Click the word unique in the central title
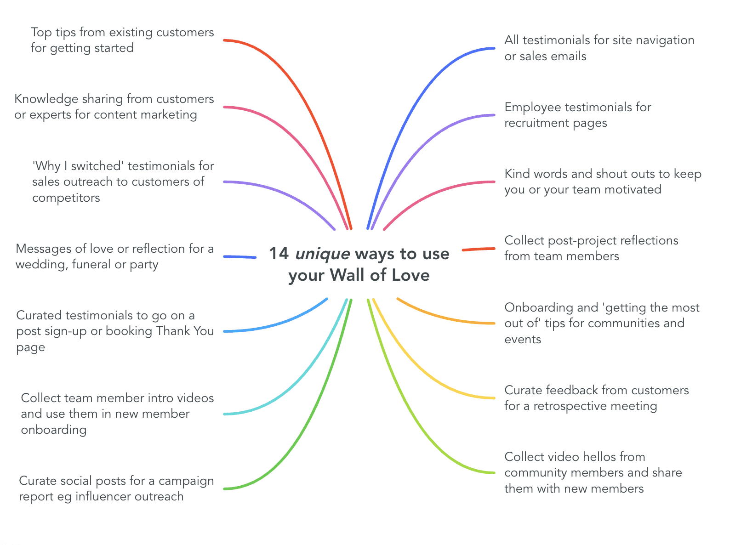(x=322, y=254)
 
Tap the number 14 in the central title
(x=279, y=254)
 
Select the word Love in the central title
(x=409, y=275)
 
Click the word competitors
(x=66, y=198)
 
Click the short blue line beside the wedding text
(x=240, y=257)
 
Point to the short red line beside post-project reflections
(x=479, y=249)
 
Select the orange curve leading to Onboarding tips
(x=441, y=317)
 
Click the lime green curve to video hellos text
(x=414, y=414)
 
